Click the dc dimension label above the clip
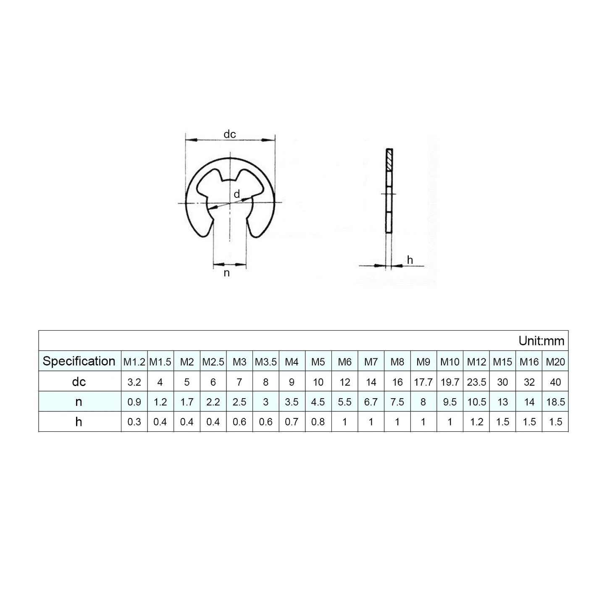click(x=230, y=134)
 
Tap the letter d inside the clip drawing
click(x=237, y=194)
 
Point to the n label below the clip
click(x=227, y=273)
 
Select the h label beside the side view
click(x=410, y=260)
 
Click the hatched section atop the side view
click(x=389, y=160)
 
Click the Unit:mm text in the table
click(x=541, y=341)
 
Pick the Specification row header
click(x=79, y=361)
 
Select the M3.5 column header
click(x=265, y=362)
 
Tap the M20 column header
click(x=555, y=362)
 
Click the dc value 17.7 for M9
click(x=423, y=382)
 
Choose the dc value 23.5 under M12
click(x=476, y=382)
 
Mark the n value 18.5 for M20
click(x=555, y=402)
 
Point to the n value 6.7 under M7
click(x=371, y=402)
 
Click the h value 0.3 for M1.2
click(x=134, y=422)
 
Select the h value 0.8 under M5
click(x=318, y=422)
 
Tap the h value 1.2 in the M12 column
click(x=476, y=422)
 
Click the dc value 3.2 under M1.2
click(x=134, y=382)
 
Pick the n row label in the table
click(x=79, y=402)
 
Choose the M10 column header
click(x=449, y=362)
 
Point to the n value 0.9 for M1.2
click(x=134, y=402)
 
